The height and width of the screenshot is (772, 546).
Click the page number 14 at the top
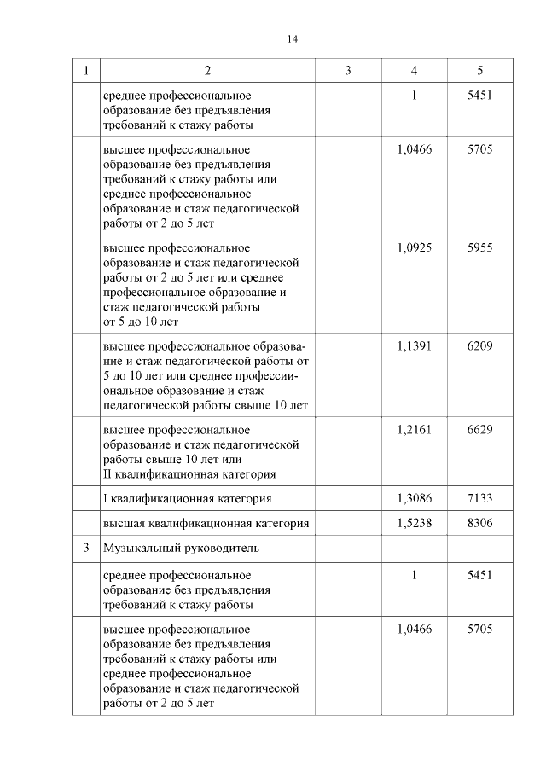293,38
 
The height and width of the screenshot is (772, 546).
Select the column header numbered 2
207,70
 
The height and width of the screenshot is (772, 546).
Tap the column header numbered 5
479,70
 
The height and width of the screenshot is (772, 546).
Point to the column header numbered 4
414,70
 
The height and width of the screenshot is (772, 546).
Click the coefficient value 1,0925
414,247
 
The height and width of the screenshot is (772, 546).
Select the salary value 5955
479,247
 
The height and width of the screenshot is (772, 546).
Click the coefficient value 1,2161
414,429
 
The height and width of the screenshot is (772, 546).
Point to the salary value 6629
479,429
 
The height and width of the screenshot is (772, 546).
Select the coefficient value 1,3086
414,497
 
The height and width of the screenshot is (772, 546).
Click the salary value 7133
479,497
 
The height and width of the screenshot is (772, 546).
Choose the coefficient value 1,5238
414,523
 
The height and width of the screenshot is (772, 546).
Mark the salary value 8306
479,523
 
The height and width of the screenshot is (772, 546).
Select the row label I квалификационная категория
187,497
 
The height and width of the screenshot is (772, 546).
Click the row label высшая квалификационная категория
206,523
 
